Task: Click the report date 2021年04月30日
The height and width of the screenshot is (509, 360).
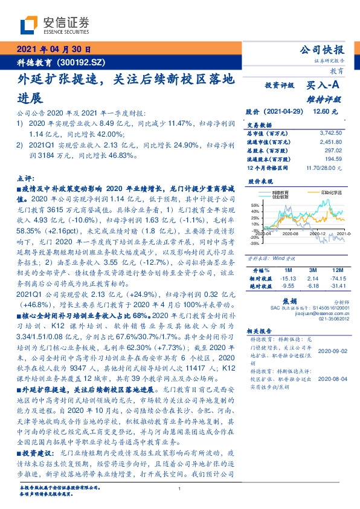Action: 53,50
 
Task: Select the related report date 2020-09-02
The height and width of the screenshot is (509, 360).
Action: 333,350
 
